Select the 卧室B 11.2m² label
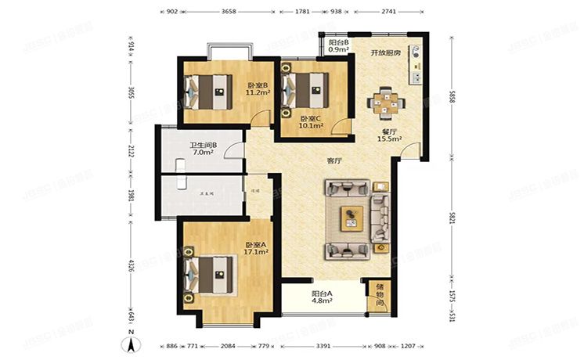[258, 88]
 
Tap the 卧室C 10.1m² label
[312, 122]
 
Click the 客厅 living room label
[334, 161]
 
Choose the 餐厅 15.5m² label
[389, 135]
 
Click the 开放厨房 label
[385, 52]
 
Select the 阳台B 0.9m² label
[338, 46]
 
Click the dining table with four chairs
[386, 102]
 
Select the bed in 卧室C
[311, 87]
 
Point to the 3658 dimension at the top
[229, 12]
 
